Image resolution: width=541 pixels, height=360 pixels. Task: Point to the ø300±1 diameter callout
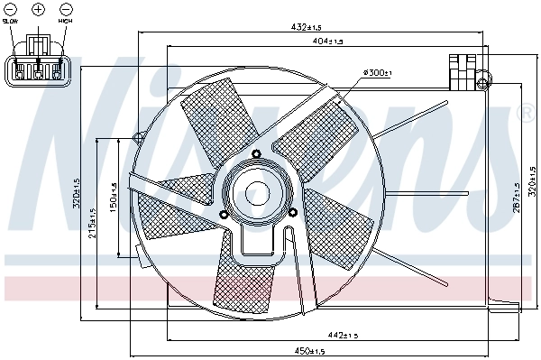pos(375,72)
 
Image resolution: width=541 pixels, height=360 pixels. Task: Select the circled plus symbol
pos(38,9)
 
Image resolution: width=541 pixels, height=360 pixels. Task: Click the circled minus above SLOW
pos(10,9)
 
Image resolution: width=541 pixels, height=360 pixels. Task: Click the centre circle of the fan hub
pos(259,192)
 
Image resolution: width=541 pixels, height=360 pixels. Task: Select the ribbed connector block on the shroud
pos(463,70)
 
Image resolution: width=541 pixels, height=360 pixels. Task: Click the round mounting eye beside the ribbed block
pos(487,78)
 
